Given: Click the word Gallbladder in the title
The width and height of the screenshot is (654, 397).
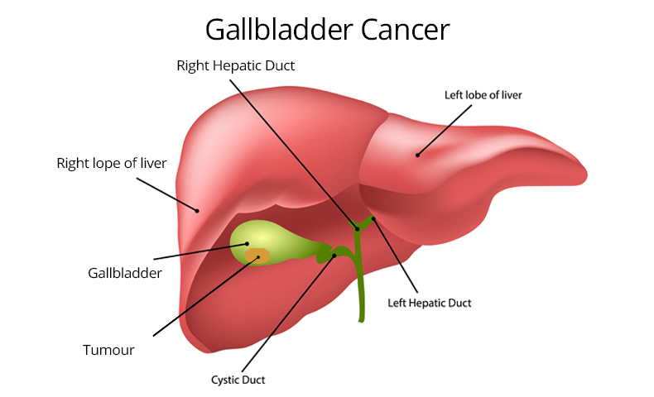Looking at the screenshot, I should coord(279,31).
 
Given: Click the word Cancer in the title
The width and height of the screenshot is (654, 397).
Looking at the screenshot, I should coord(405,31).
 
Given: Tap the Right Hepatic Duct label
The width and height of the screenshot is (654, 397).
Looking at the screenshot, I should coord(235,65).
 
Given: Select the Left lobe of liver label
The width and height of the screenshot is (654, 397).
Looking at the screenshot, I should coord(483,95).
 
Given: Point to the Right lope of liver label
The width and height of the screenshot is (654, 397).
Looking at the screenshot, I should coord(112,163).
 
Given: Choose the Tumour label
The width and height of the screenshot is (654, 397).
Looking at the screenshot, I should coord(108,350).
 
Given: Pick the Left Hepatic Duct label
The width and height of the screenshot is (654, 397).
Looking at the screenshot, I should coord(430,304).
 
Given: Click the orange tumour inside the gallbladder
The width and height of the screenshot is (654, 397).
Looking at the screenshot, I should coord(257,256).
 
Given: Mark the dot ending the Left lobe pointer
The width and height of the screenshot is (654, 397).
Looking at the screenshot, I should coord(418,154).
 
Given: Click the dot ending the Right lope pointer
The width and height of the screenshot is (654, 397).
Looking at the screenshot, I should coord(197,210).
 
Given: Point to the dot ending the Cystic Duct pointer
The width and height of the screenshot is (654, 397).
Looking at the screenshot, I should coord(334,256).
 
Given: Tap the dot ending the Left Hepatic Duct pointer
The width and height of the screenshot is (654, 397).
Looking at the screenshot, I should coord(373,219).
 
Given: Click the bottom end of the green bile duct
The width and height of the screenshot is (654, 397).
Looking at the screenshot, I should coord(362,318).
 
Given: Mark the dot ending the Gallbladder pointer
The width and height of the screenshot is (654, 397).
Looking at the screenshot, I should coord(247,244).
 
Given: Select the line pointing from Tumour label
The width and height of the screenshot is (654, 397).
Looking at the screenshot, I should coord(203,297).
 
